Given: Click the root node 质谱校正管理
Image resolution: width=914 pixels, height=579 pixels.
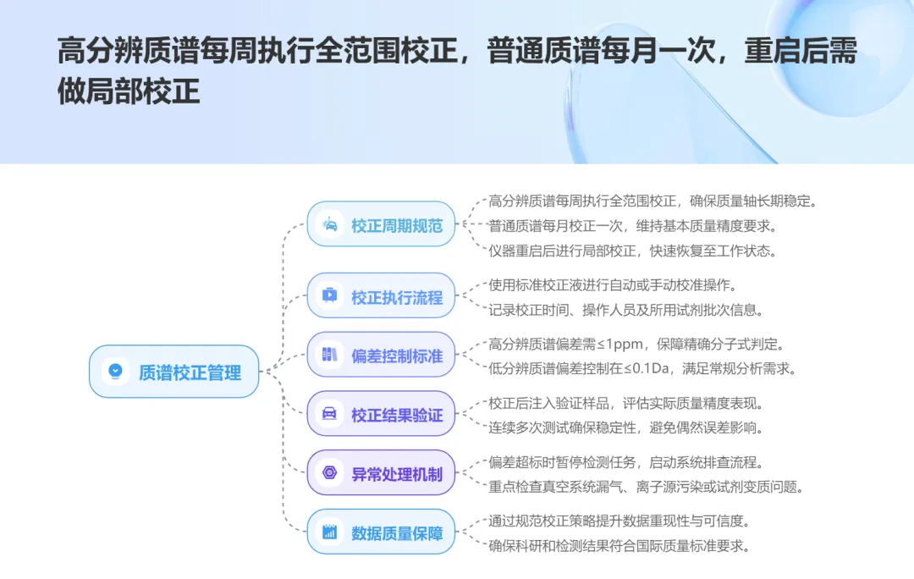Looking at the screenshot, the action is coord(173,372).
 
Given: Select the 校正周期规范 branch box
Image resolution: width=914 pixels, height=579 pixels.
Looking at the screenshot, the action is coord(381,225).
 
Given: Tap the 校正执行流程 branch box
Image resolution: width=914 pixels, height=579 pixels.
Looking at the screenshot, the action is coord(381,297).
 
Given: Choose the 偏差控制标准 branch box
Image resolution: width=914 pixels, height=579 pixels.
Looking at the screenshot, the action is coord(381,356).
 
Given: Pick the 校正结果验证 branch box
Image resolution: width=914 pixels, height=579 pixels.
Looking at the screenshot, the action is coord(381,415).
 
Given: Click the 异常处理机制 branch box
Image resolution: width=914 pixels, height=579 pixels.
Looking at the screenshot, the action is coord(381,473).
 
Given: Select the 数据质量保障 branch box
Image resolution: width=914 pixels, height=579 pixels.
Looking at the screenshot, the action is coord(381,532).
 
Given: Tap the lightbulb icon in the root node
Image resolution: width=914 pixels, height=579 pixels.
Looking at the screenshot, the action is coord(114,372).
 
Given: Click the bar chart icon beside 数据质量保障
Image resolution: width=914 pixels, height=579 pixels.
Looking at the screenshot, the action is coord(329,532).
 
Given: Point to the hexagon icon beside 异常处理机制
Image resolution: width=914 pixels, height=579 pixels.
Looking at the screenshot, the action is coord(329,473).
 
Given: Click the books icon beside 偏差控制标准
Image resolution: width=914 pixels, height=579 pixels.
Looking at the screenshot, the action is coord(329,356).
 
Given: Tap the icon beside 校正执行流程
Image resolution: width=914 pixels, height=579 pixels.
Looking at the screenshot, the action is coord(329,297).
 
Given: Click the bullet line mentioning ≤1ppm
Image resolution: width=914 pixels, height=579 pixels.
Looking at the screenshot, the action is coord(636,344).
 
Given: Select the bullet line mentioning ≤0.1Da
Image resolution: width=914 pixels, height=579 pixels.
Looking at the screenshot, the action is coord(642,368).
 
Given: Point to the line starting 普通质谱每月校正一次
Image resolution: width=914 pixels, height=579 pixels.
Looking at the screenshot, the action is coord(632,226).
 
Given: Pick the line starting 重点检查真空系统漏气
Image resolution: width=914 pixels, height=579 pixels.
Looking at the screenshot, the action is coord(646,487).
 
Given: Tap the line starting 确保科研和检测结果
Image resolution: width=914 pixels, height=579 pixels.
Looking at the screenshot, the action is coord(619,546).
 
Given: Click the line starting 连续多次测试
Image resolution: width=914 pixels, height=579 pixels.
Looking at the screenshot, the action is coord(626,427).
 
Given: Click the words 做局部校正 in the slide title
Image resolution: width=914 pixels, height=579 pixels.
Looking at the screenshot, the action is coord(129,91).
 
